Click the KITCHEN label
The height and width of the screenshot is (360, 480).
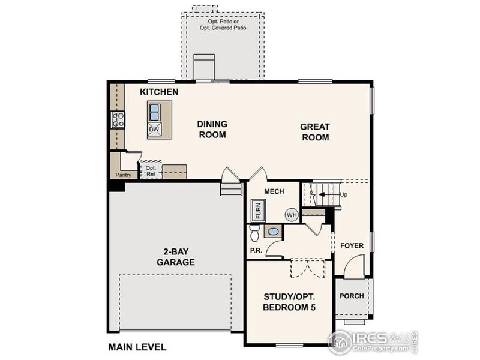159,92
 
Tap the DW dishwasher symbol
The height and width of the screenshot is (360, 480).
154,129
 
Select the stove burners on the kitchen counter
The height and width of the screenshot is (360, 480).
118,119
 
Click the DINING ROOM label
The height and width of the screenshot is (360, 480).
212,129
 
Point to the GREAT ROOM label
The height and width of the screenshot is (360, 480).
315,132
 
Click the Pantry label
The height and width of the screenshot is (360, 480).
123,175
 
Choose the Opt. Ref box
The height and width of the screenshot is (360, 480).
151,170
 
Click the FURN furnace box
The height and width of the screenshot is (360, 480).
259,212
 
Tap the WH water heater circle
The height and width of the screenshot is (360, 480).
291,215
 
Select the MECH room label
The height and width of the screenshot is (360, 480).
273,192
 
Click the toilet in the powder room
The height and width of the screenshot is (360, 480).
254,232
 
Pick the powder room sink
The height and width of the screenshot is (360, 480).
272,231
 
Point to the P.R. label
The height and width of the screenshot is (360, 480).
254,250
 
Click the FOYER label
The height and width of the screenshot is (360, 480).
352,245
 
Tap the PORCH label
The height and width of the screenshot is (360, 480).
352,296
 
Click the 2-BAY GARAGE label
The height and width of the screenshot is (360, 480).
176,257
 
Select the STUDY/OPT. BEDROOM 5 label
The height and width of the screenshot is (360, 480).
289,302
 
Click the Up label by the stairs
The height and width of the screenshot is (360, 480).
344,194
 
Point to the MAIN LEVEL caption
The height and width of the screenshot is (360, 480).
137,347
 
